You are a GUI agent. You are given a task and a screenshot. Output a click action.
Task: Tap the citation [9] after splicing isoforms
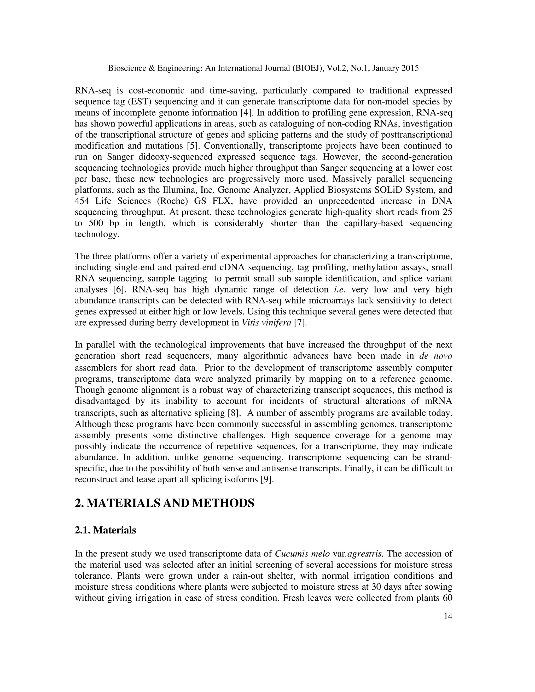click(267, 479)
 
